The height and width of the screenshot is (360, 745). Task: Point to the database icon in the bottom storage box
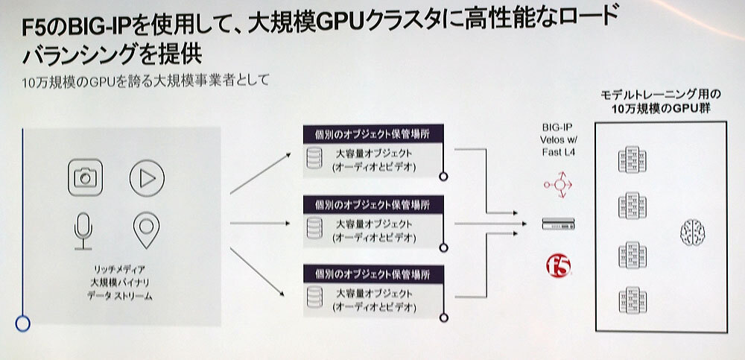tap(314, 296)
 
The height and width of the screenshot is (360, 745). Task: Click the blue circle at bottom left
tap(23, 322)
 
